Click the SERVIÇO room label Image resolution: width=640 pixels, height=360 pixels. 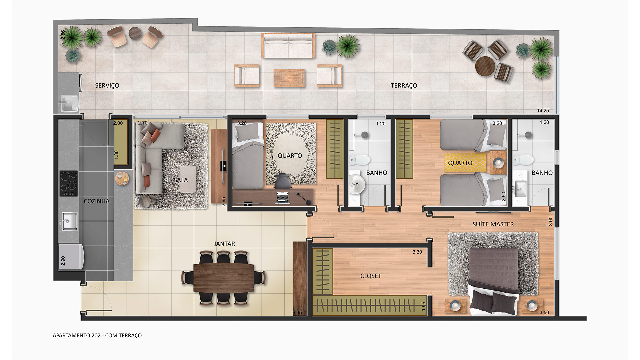(107, 86)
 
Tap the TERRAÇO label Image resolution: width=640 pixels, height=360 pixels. (404, 86)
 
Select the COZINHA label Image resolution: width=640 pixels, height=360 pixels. (96, 201)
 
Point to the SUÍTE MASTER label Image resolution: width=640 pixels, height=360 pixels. (493, 224)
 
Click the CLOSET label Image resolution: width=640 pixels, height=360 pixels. (371, 276)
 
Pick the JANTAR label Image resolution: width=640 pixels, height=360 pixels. (224, 244)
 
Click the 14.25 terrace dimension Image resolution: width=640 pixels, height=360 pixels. (543, 111)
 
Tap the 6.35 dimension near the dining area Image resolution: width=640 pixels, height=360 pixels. (297, 313)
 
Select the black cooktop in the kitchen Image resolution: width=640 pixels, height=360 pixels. (69, 183)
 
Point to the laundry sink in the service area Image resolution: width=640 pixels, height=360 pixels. (69, 102)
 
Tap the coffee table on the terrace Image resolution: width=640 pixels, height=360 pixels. (289, 78)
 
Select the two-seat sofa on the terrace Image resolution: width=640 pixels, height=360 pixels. (288, 45)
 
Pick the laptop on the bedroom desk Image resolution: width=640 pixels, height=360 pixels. (283, 198)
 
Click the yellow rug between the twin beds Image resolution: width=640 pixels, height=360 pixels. (465, 162)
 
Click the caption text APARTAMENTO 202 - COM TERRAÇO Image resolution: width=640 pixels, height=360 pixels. (97, 336)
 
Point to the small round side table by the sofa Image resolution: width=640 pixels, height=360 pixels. (122, 178)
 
